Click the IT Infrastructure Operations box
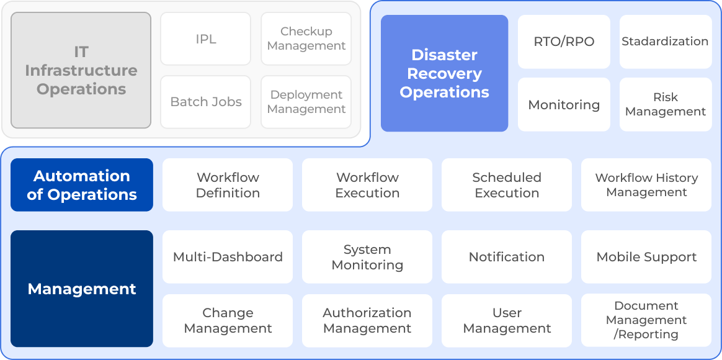coord(81,70)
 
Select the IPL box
coord(205,38)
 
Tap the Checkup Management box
coord(306,38)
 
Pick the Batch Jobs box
coord(205,102)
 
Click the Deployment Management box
coord(306,102)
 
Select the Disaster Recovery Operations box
coord(444,73)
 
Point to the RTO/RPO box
coord(564,42)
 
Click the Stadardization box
coord(666,42)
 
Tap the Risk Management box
coord(666,105)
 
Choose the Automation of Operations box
coord(82,185)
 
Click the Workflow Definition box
coord(228,185)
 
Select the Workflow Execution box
coord(367,185)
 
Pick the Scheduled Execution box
coord(507,185)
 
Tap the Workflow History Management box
coord(646,185)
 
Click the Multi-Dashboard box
coord(228,257)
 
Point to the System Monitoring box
coord(367,257)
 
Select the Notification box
coord(507,257)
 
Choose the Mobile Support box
coord(646,257)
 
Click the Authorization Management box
coord(367,320)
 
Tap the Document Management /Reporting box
coord(646,320)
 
